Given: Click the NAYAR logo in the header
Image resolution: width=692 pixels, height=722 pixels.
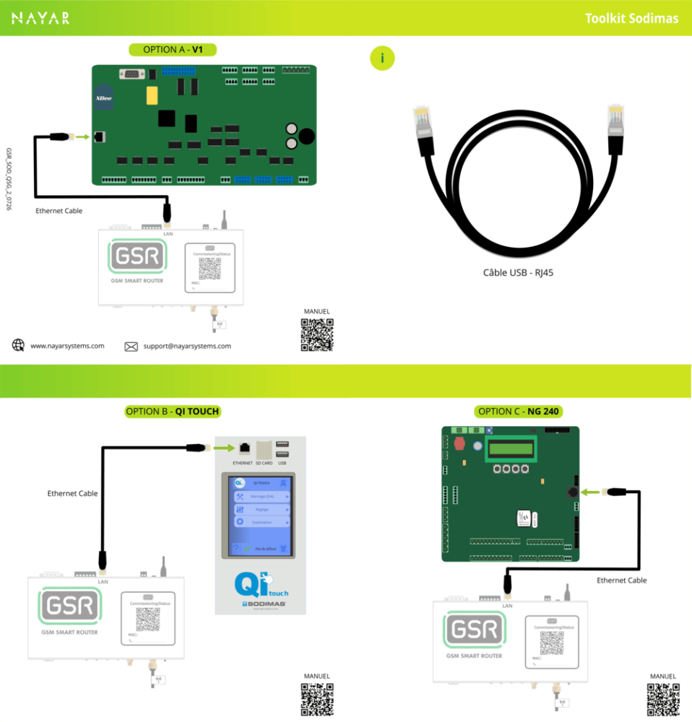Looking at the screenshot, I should (41, 18).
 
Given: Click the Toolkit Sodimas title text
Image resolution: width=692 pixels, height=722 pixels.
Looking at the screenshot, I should (631, 19).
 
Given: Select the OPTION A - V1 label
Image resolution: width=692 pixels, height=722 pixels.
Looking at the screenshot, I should (172, 50).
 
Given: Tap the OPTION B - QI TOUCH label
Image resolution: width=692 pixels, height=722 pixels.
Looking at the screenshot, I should (172, 412).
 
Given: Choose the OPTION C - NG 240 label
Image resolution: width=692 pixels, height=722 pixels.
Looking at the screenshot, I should (519, 412).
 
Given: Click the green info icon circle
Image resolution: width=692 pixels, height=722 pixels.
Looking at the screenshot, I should (382, 58).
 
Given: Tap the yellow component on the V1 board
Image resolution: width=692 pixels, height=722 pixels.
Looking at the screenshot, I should (152, 96).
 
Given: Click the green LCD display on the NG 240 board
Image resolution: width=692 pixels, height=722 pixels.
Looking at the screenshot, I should (511, 449).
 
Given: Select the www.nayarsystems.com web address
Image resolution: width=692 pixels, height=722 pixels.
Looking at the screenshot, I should (67, 346).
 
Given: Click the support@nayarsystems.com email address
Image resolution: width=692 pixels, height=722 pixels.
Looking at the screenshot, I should (187, 346).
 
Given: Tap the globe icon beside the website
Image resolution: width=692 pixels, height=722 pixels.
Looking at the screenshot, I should (19, 345).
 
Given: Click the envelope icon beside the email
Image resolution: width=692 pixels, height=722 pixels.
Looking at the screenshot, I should (131, 347).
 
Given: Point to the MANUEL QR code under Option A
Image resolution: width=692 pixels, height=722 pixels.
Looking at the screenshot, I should (316, 334).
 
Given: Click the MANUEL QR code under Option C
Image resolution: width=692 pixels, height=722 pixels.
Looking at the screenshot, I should (662, 698).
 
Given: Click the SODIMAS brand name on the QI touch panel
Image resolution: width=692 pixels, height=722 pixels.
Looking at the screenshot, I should (265, 604).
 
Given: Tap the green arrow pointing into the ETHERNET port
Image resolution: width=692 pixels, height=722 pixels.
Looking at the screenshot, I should (222, 448).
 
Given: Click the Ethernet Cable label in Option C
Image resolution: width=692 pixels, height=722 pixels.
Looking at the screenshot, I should (621, 580).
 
